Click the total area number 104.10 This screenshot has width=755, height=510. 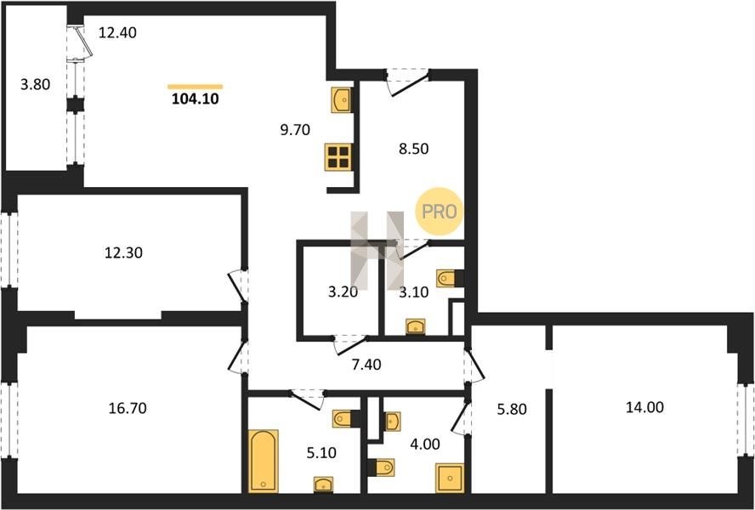(195, 99)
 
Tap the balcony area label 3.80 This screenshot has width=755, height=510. (35, 85)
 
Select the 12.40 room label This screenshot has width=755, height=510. (117, 33)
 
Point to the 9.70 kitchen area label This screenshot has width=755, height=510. (295, 129)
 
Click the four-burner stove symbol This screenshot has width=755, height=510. (338, 157)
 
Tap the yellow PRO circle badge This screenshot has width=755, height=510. (439, 212)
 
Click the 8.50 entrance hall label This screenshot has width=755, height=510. (413, 149)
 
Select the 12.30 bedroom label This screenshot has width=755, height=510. (124, 252)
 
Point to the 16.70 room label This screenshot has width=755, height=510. (128, 408)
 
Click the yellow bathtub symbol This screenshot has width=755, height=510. (264, 461)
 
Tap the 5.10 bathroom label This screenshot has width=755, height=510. (321, 453)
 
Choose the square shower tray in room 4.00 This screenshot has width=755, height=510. (450, 478)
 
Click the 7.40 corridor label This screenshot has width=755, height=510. (366, 365)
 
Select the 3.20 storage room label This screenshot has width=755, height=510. (343, 292)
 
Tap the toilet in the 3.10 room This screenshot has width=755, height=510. (450, 278)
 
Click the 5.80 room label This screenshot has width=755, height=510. (511, 409)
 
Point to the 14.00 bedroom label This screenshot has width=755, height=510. (644, 407)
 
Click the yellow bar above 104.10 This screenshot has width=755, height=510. (195, 87)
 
